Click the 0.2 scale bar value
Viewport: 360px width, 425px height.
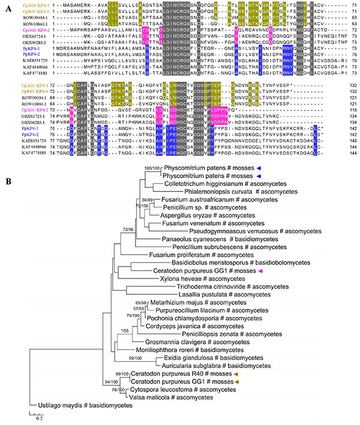pos(37,418)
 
